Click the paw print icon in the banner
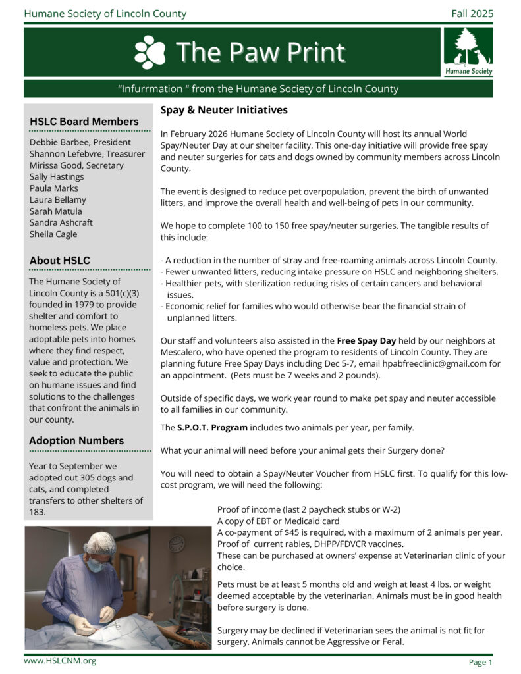point(150,53)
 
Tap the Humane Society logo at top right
point(468,52)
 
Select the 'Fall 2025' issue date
point(472,13)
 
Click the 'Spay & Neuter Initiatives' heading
point(224,110)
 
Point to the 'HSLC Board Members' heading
point(84,122)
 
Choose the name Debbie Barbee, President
point(80,142)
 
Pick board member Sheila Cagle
point(53,234)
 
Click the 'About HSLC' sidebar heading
point(60,261)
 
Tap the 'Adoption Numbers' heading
point(76,440)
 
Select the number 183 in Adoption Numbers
point(38,512)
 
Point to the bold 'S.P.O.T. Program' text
point(212,428)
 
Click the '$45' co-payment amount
point(302,532)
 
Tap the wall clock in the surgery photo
point(177,544)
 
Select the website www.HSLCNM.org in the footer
point(60,660)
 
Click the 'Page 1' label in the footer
point(480,662)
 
